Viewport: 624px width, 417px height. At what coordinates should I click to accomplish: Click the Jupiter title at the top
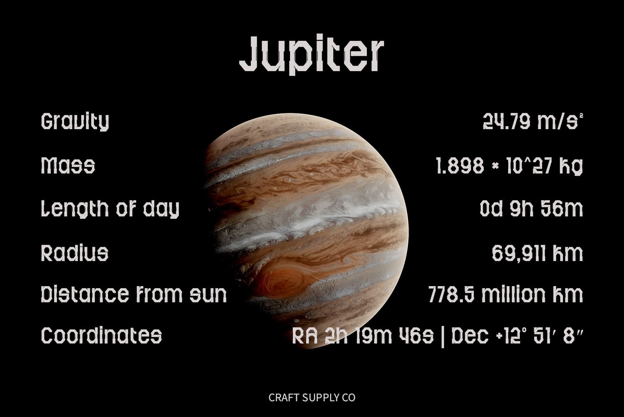coord(312,55)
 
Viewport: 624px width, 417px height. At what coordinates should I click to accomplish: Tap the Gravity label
coord(75,122)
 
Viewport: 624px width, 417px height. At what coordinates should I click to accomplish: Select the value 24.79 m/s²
coord(533,121)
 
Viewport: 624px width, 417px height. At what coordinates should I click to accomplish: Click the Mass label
coord(68,165)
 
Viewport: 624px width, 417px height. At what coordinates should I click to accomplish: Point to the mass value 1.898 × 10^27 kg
coord(509,166)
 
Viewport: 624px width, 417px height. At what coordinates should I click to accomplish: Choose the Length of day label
coord(110,209)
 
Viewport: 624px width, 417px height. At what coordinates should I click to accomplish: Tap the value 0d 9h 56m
coord(531,209)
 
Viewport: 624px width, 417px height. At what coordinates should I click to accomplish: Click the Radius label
coord(75,252)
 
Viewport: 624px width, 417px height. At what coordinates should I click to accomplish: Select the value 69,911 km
coord(537,253)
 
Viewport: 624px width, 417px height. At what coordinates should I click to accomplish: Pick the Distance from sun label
coord(134,294)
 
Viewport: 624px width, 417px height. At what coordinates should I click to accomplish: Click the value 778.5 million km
coord(505,294)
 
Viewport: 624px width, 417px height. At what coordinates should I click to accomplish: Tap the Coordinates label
coord(101,335)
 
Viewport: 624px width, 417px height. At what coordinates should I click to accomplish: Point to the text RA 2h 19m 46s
coord(363,336)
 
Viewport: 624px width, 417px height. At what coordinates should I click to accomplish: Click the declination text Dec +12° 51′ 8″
coord(517,336)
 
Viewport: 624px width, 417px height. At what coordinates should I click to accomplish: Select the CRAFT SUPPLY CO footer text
coord(312,398)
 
